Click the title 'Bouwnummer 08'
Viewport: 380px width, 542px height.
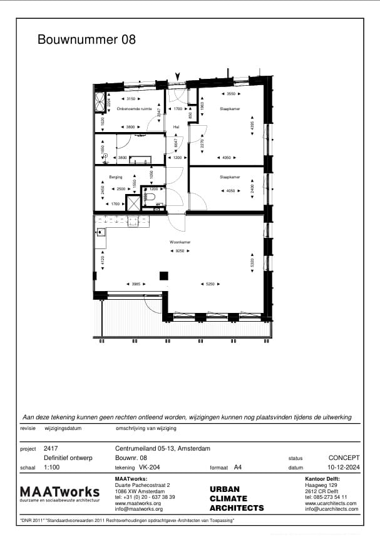(x=86, y=39)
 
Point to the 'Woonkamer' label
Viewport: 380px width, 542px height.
(x=180, y=242)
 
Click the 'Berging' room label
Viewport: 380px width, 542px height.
(x=115, y=177)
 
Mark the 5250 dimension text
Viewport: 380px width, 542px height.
(x=210, y=284)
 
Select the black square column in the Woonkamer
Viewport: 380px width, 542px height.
(x=164, y=276)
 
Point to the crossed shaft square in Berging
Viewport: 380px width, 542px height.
(x=133, y=203)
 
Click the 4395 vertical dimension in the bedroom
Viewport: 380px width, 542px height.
(x=252, y=125)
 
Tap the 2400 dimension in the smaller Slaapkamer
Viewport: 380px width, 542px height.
(x=252, y=188)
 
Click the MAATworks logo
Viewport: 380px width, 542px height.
(x=59, y=493)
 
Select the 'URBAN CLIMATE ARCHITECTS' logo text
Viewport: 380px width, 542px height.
(x=236, y=499)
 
